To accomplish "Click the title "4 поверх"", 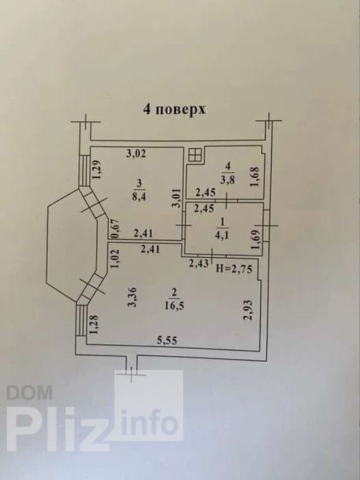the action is coord(174,110).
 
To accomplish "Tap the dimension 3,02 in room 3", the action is coord(136,153).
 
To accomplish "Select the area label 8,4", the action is coord(139,196).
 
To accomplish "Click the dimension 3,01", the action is coord(176,198).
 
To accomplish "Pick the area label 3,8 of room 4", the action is coord(227,180).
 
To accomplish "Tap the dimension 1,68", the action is coord(256,176).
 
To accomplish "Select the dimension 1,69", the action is coord(256,239).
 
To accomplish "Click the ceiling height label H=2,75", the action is coord(234,269).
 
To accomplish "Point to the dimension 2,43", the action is coord(199,262).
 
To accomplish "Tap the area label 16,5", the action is coord(174,306).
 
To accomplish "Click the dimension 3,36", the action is coord(133,297).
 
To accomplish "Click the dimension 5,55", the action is coord(167,341).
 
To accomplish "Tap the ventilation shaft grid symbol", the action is coord(195,155).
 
